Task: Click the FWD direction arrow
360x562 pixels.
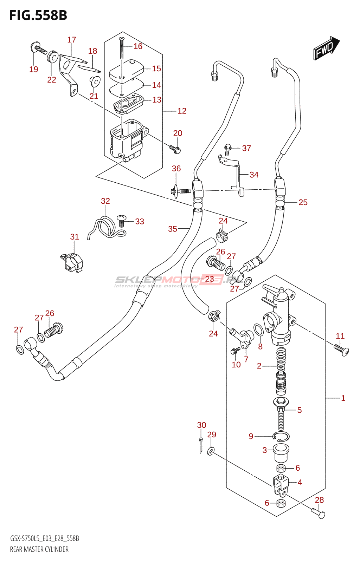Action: (x=326, y=48)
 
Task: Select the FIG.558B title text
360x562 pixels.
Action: (x=38, y=15)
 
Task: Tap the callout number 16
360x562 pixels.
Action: (x=138, y=46)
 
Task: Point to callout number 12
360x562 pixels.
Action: (x=182, y=111)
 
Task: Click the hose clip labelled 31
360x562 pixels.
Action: (x=72, y=262)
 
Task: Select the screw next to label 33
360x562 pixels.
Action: (x=121, y=220)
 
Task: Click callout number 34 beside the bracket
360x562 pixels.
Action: (x=254, y=175)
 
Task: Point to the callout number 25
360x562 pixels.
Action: (x=303, y=202)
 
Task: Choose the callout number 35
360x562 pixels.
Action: (x=173, y=229)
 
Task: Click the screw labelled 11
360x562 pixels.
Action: (x=341, y=349)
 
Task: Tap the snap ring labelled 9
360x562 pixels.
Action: (x=281, y=437)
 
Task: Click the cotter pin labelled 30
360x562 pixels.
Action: (x=201, y=445)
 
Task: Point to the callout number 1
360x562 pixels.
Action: (x=343, y=398)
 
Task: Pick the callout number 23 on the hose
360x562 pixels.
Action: (x=210, y=279)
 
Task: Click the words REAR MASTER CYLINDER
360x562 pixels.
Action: (x=39, y=549)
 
